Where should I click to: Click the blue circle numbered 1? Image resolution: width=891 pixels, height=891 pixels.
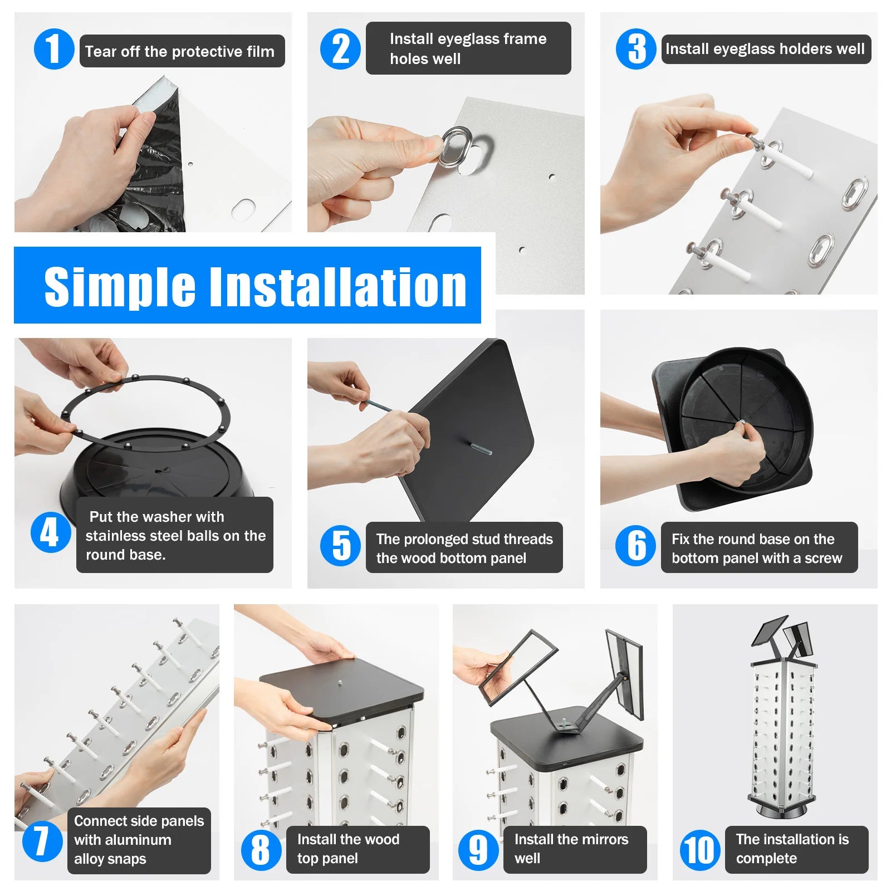(x=54, y=49)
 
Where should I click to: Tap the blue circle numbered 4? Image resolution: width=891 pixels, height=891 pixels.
(x=51, y=532)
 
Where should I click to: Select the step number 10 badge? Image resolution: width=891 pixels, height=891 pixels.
(x=701, y=850)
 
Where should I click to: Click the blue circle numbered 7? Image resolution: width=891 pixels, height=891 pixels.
(x=42, y=841)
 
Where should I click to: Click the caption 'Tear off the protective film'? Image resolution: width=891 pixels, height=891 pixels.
(x=180, y=52)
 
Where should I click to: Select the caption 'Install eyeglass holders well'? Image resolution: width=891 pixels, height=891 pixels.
(x=765, y=49)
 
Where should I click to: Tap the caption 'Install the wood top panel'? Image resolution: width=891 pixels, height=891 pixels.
(x=348, y=849)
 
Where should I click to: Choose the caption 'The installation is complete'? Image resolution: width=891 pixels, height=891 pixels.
(x=792, y=849)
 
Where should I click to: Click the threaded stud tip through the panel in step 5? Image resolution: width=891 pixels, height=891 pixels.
(x=479, y=449)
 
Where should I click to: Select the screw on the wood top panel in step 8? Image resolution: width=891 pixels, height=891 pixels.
(x=339, y=681)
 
